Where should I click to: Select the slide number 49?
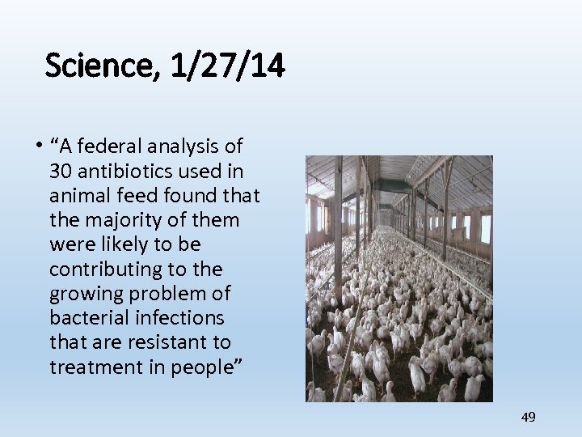pyautogui.click(x=529, y=417)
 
